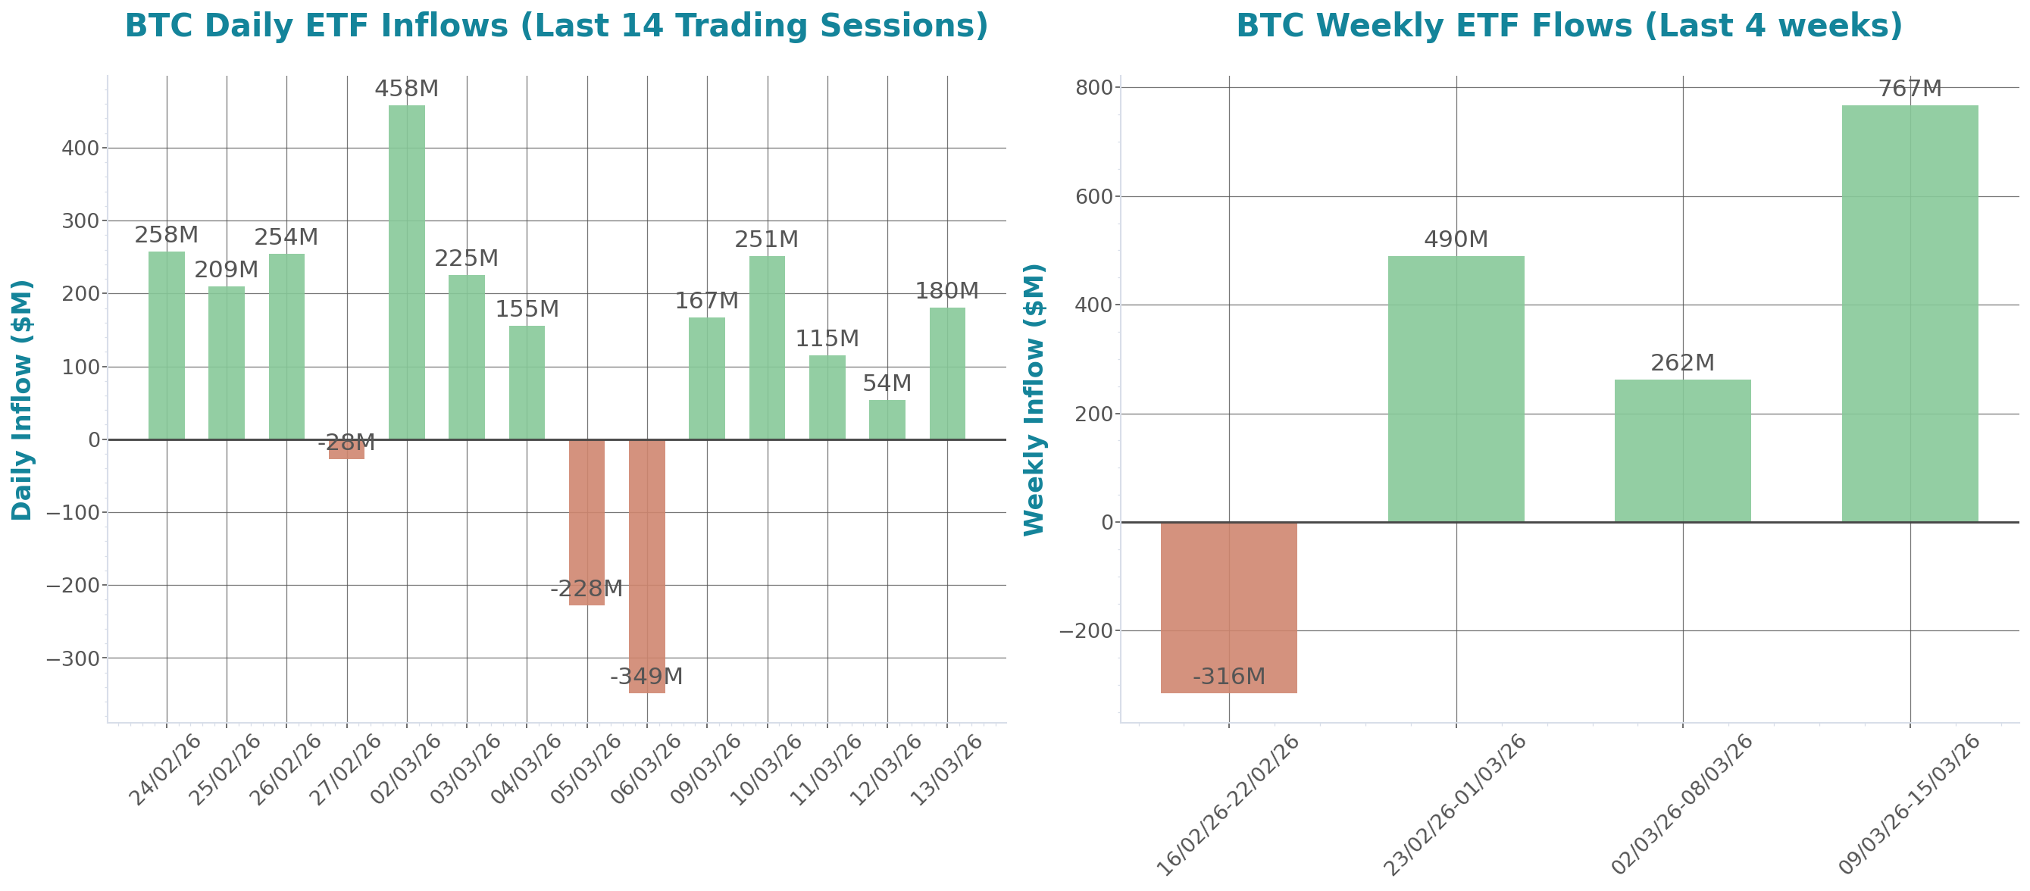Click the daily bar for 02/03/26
click(x=407, y=272)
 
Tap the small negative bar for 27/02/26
click(x=347, y=450)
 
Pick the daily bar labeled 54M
click(x=887, y=419)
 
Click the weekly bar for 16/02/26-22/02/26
click(x=1228, y=608)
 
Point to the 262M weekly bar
click(x=1682, y=451)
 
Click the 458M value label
click(x=407, y=89)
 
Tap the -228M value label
click(x=586, y=589)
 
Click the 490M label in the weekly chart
click(x=1456, y=239)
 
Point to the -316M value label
click(x=1228, y=677)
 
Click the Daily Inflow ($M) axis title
click(x=22, y=400)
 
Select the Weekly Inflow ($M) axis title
click(x=1034, y=400)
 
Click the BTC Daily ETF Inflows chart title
click(x=556, y=26)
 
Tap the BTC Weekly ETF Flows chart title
click(x=1569, y=26)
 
